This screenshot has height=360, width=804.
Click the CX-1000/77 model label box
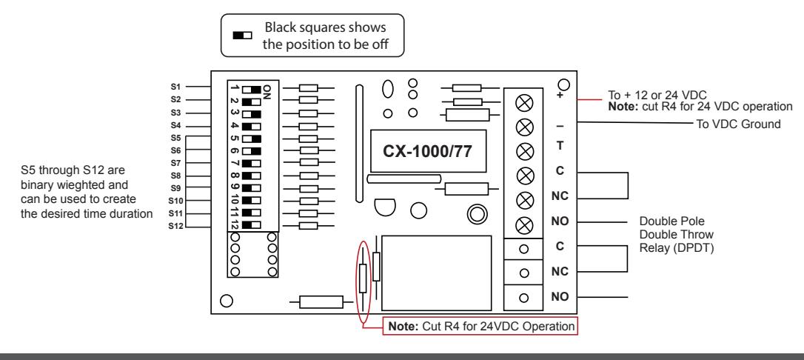click(x=429, y=151)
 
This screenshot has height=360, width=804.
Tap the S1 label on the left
click(x=176, y=87)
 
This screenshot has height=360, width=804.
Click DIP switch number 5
click(x=252, y=139)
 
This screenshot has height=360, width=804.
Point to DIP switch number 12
click(x=252, y=224)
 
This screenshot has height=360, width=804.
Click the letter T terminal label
click(x=560, y=146)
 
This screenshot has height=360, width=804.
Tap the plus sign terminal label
click(x=560, y=96)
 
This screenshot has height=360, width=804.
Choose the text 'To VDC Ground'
click(x=738, y=124)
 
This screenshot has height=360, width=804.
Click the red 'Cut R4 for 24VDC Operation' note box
click(x=480, y=327)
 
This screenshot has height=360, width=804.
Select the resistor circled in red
click(x=363, y=279)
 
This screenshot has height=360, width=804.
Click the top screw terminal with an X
click(x=524, y=102)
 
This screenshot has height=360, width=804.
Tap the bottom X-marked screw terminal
click(x=524, y=225)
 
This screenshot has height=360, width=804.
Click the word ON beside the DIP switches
click(x=267, y=93)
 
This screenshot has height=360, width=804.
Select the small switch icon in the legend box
click(x=243, y=36)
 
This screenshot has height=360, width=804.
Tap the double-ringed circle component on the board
click(x=478, y=214)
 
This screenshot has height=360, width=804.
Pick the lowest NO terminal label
click(x=560, y=297)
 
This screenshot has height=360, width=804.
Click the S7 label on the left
click(x=176, y=163)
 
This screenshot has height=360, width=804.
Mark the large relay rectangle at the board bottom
click(x=437, y=273)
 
